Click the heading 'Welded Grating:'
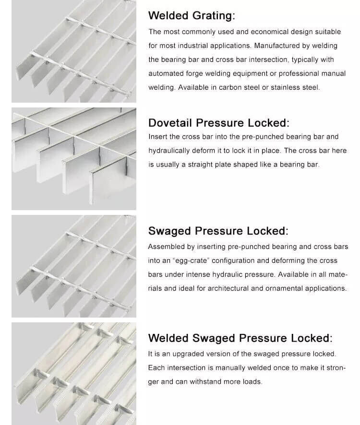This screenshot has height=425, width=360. (x=192, y=15)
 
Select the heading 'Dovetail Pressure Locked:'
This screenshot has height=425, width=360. (x=219, y=123)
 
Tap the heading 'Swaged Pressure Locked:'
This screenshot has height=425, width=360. (x=218, y=231)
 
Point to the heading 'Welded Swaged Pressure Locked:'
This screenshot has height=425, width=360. (x=240, y=338)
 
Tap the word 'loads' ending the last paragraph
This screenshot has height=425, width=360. (x=252, y=382)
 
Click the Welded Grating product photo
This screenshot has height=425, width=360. (x=74, y=51)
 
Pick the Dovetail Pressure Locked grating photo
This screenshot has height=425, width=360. (x=74, y=159)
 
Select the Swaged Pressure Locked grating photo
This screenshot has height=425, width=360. (x=74, y=266)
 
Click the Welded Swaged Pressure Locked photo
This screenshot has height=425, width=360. (x=74, y=373)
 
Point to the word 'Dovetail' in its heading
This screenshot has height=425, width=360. (x=170, y=123)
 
